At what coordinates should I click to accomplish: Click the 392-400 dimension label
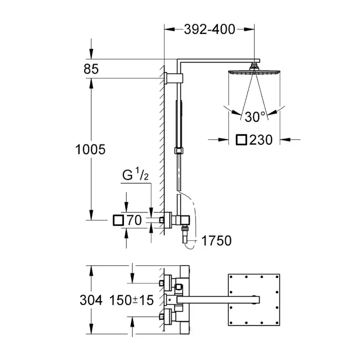(209, 30)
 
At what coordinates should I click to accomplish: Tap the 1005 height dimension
(90, 150)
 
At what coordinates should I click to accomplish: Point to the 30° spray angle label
(255, 117)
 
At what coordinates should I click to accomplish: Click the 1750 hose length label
(216, 240)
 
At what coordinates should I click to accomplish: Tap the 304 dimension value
(91, 300)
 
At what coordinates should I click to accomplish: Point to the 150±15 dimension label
(131, 300)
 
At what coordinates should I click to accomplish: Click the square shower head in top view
(253, 300)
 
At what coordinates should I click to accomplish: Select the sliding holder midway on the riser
(178, 150)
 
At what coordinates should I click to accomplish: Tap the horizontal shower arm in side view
(217, 61)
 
